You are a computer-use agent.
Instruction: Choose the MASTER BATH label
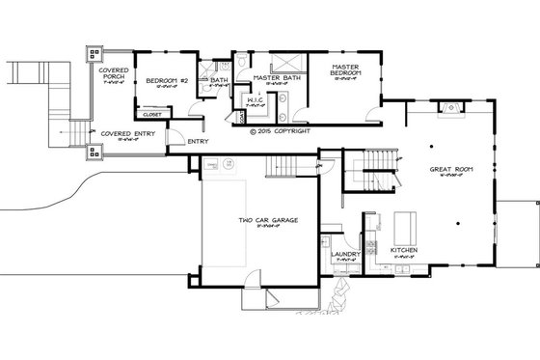(x=273, y=77)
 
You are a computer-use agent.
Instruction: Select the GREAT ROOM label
(x=448, y=170)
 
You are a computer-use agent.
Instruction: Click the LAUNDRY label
(x=344, y=256)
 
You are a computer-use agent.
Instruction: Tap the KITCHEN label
(x=405, y=250)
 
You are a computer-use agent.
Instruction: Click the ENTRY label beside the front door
(x=198, y=142)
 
